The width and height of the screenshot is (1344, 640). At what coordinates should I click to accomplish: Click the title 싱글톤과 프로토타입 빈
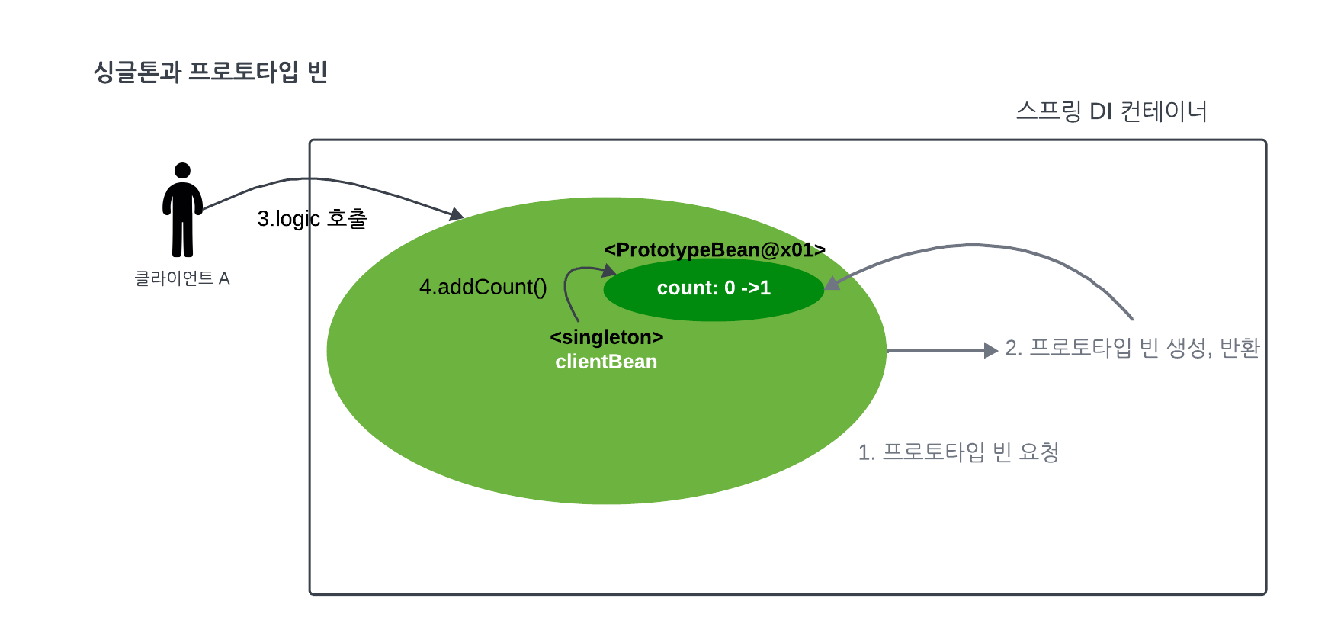(210, 72)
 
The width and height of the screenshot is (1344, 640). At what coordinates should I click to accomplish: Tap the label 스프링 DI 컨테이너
(1111, 111)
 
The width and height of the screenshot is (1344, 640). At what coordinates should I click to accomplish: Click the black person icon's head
(182, 170)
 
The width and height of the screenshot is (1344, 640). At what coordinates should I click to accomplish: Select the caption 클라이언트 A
(182, 278)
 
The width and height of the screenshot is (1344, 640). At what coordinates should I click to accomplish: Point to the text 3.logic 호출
(312, 219)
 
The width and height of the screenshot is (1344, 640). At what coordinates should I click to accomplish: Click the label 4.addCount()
(483, 287)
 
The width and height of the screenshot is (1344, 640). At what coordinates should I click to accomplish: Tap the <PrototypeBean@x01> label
(714, 250)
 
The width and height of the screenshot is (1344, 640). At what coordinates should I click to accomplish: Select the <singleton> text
(606, 337)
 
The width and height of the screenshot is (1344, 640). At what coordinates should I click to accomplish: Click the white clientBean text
(606, 362)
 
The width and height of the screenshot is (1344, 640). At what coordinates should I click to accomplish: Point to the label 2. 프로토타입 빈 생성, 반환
(1132, 348)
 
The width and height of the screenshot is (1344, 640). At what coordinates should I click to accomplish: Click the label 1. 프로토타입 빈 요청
(958, 452)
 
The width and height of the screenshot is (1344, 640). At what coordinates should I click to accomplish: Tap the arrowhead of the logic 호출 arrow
(457, 214)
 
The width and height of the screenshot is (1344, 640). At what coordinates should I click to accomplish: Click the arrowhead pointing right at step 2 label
(990, 350)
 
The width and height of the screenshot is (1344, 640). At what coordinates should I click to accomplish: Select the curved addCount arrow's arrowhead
(609, 270)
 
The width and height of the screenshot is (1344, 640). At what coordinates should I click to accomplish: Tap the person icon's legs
(182, 236)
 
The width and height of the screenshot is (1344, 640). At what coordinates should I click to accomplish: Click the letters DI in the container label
(1101, 111)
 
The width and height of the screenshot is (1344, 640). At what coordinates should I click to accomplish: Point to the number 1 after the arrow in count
(765, 288)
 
